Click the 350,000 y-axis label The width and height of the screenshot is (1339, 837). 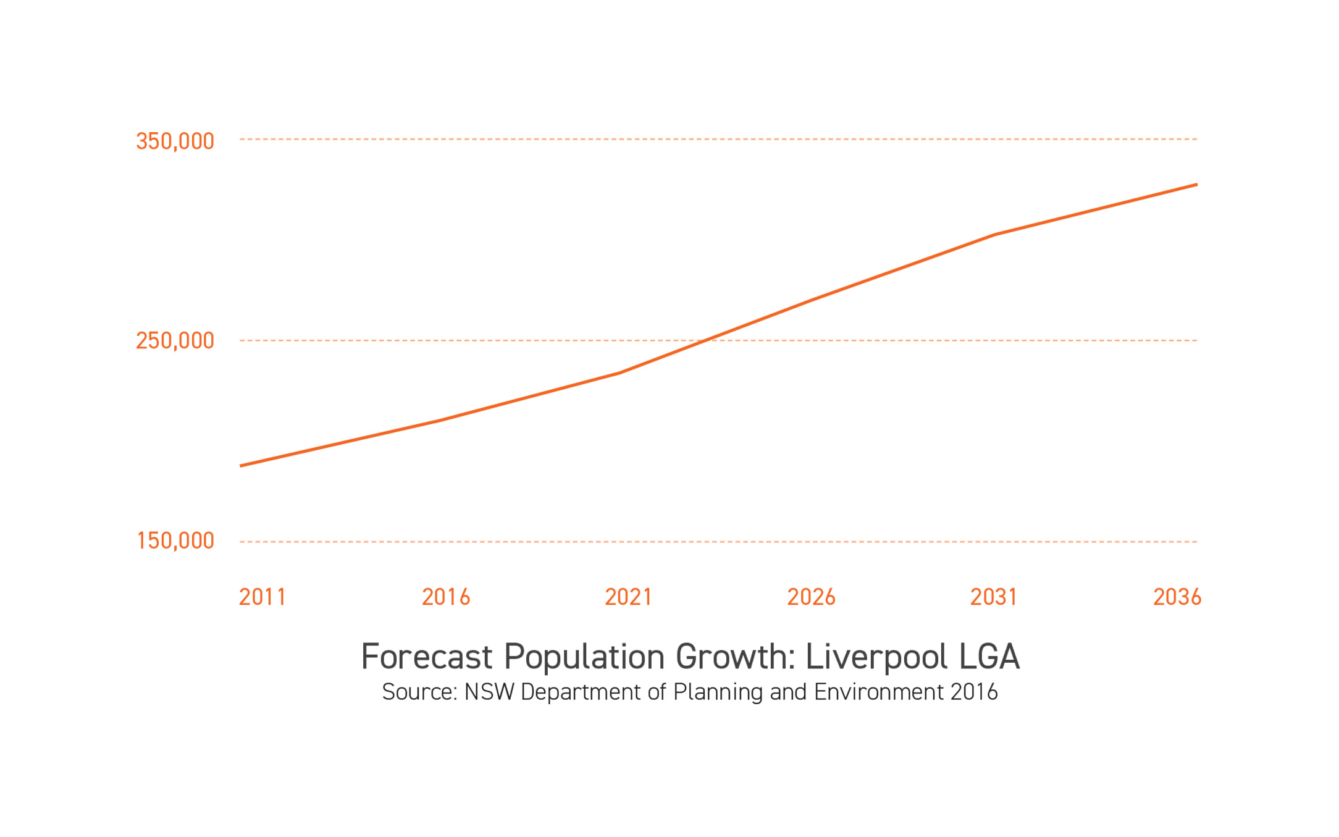click(175, 141)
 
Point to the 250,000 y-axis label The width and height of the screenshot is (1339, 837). click(175, 340)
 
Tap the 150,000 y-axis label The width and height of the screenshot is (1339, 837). click(175, 540)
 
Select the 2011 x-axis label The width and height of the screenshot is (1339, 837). click(262, 597)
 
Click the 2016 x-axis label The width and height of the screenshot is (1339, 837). click(446, 597)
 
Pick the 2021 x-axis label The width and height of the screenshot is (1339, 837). click(628, 597)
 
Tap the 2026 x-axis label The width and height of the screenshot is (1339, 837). click(811, 597)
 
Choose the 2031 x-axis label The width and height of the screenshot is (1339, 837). click(994, 597)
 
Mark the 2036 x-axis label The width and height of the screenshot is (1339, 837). click(1177, 597)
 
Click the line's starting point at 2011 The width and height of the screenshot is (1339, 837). click(241, 466)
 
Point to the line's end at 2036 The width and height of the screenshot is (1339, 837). click(1196, 185)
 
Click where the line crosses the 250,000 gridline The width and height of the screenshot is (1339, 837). click(704, 340)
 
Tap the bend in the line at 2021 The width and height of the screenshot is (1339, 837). click(619, 372)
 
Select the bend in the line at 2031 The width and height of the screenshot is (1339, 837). click(996, 235)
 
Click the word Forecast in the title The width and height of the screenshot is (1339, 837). click(426, 657)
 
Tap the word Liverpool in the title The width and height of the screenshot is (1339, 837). click(876, 657)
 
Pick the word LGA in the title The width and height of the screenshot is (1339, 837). click(989, 657)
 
